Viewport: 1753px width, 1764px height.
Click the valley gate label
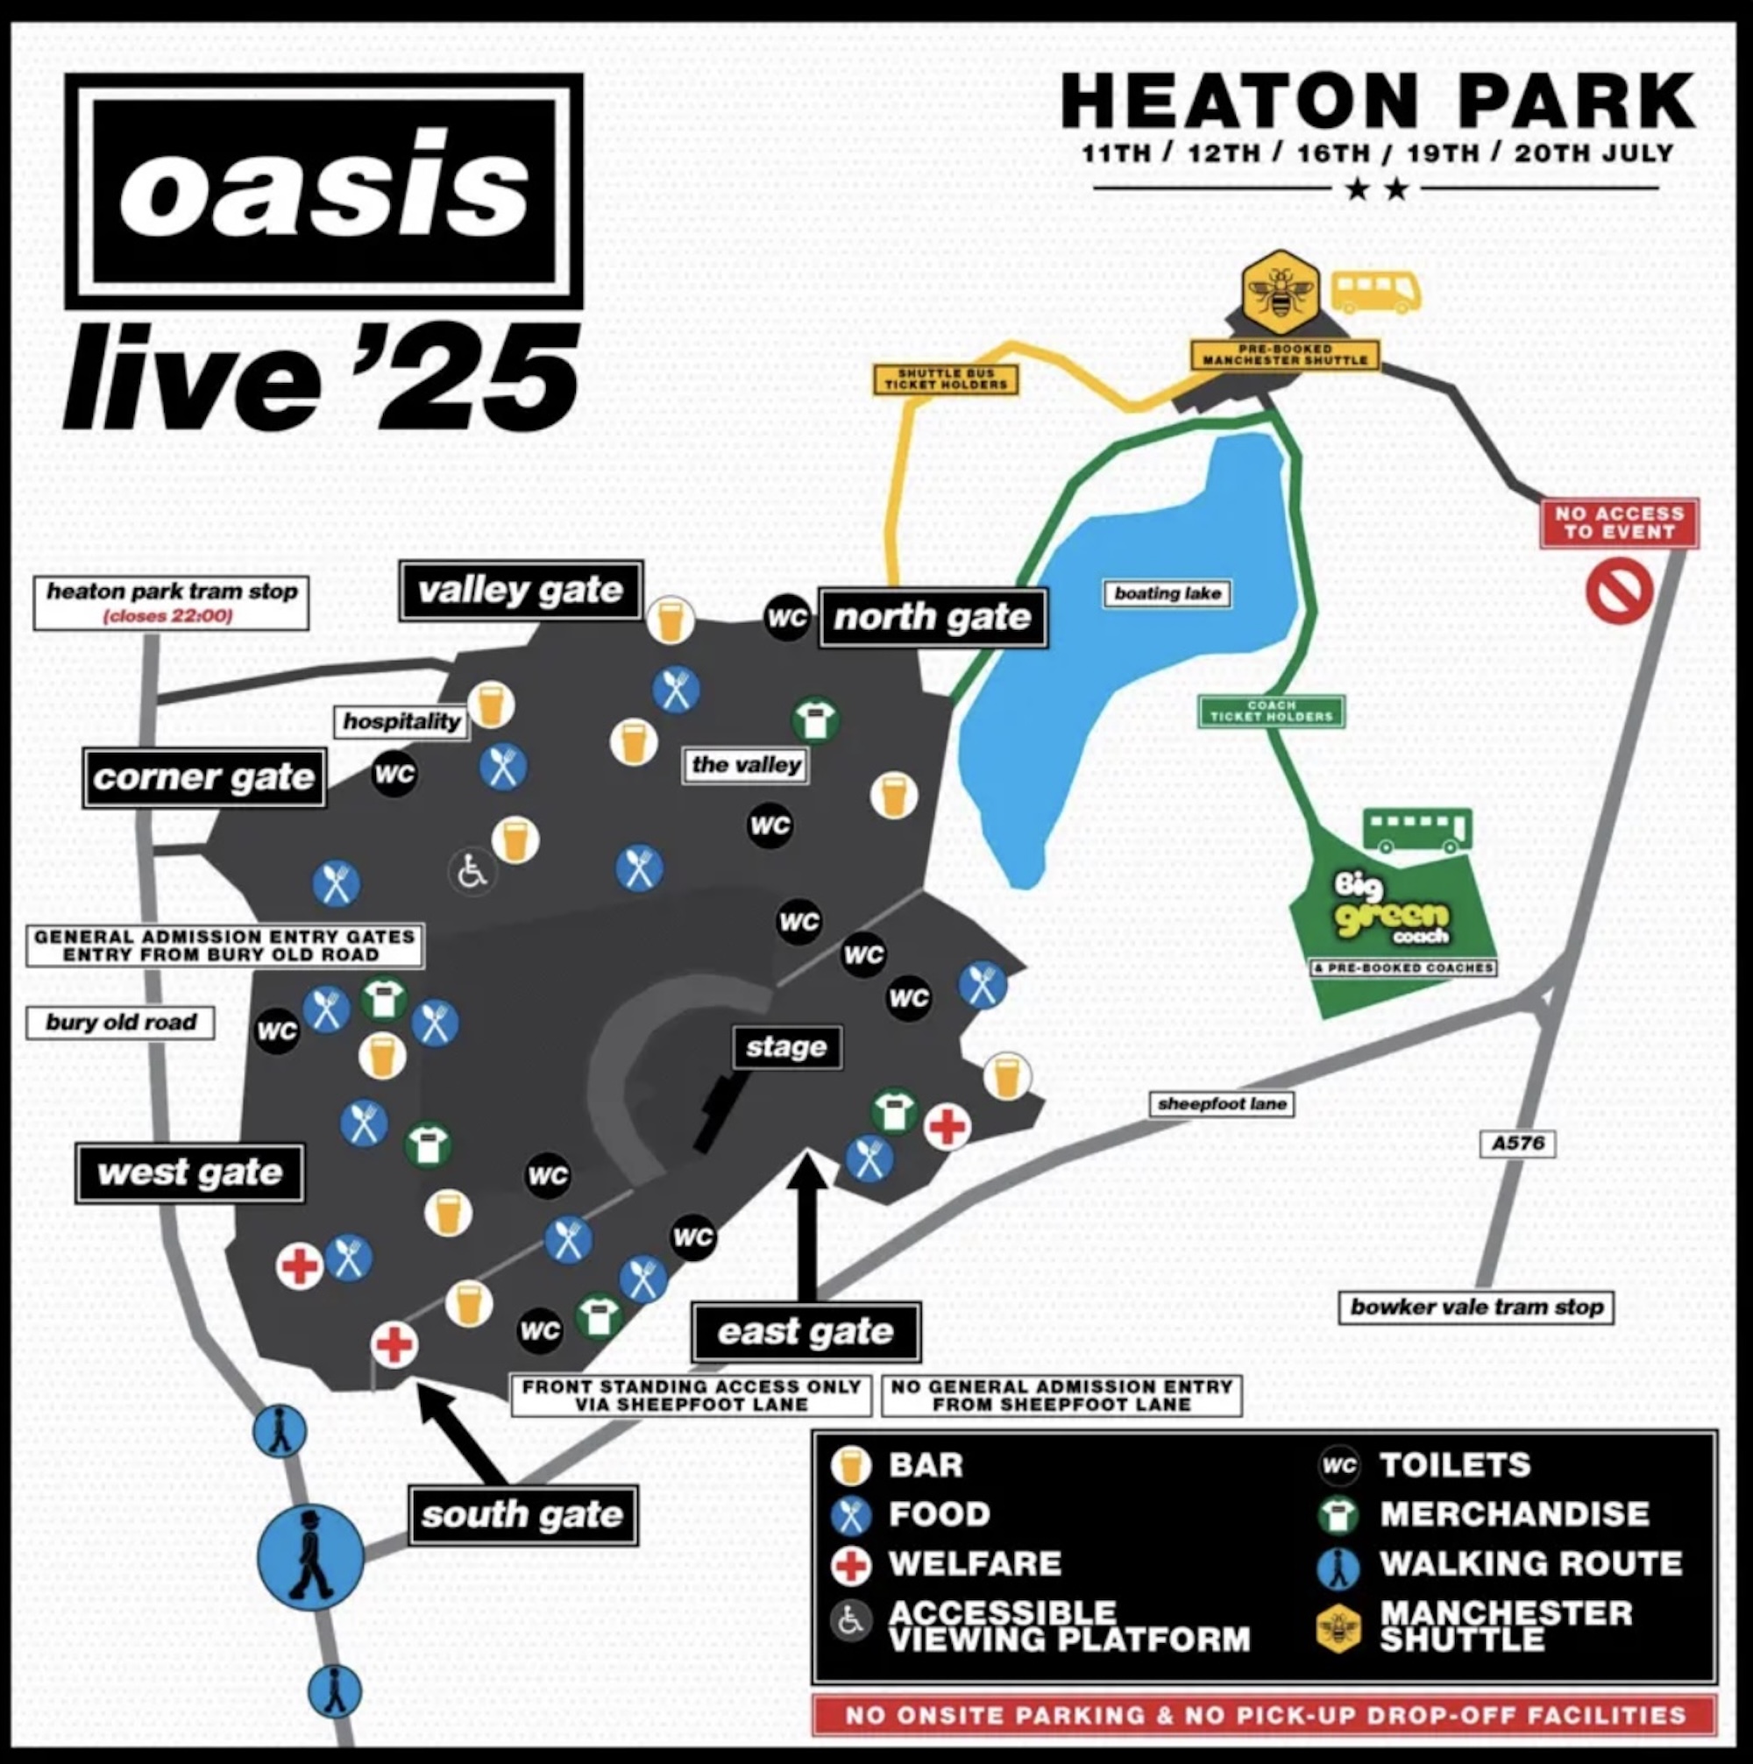(x=521, y=591)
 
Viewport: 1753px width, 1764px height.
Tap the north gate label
(x=933, y=617)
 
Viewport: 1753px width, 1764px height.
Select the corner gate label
(x=203, y=777)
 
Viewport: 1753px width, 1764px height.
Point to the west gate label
(x=190, y=1172)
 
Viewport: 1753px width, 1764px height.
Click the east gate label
(x=806, y=1332)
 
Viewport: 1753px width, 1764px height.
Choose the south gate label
(x=522, y=1515)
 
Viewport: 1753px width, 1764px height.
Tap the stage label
(x=786, y=1047)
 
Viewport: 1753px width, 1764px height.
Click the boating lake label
(x=1167, y=593)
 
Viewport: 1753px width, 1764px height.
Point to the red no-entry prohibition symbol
(x=1619, y=592)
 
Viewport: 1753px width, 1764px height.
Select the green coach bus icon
(x=1417, y=831)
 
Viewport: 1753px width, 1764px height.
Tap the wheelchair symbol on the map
(x=472, y=871)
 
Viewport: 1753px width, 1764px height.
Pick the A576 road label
(x=1517, y=1143)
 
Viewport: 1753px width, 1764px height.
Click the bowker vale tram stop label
(x=1476, y=1307)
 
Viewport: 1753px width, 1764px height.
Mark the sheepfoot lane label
(x=1222, y=1104)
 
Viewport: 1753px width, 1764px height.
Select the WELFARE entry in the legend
(x=974, y=1563)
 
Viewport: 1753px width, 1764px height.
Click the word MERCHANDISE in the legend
(x=1515, y=1514)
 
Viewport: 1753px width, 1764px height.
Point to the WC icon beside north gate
(x=787, y=618)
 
